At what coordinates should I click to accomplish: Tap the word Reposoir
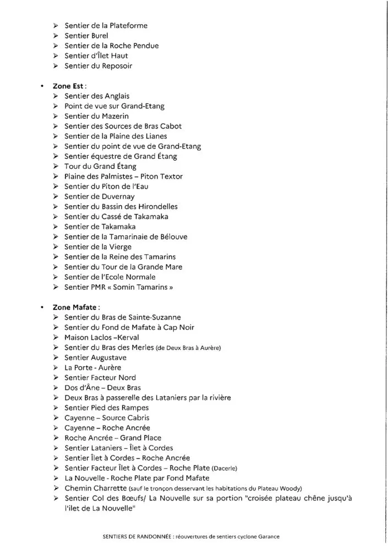[x=117, y=66]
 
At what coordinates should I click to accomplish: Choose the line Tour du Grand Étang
[x=100, y=166]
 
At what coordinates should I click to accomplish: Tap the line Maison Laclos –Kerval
[x=102, y=337]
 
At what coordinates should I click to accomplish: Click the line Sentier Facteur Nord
[x=100, y=377]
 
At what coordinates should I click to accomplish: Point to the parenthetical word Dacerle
[x=225, y=468]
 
